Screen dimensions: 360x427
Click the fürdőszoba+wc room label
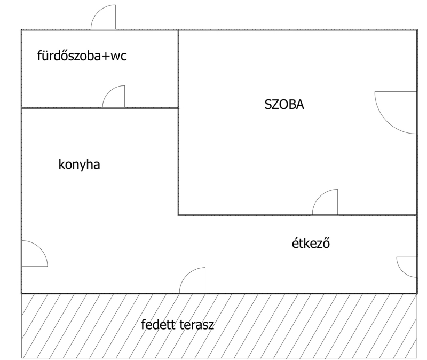click(82, 56)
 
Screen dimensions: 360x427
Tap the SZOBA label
click(284, 105)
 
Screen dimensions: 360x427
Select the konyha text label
click(80, 165)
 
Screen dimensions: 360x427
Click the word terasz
click(196, 325)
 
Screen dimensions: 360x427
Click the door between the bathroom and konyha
click(114, 98)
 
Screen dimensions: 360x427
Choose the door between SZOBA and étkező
click(326, 203)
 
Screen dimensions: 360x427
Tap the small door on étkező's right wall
click(407, 267)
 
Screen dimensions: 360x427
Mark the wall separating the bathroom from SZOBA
click(178, 68)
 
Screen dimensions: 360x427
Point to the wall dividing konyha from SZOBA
click(178, 160)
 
